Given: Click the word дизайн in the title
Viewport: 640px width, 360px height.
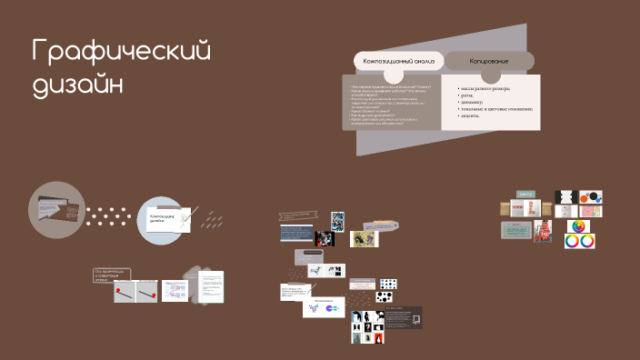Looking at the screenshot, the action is click(x=78, y=85).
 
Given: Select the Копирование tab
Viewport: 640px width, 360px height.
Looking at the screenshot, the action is click(x=488, y=61).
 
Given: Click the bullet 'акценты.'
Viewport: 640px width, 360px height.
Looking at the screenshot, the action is click(x=470, y=115).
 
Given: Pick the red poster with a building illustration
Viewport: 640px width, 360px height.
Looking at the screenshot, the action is click(x=545, y=230).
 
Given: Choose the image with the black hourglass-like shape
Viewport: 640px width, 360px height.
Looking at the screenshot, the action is click(x=565, y=197).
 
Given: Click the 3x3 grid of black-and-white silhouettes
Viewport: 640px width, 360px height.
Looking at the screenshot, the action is click(x=368, y=326).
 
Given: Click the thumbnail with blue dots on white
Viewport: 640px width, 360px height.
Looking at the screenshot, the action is click(x=388, y=284).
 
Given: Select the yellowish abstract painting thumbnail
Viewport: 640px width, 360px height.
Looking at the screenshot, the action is click(x=364, y=239).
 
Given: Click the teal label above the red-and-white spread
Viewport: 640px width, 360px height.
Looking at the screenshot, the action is click(x=525, y=194).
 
